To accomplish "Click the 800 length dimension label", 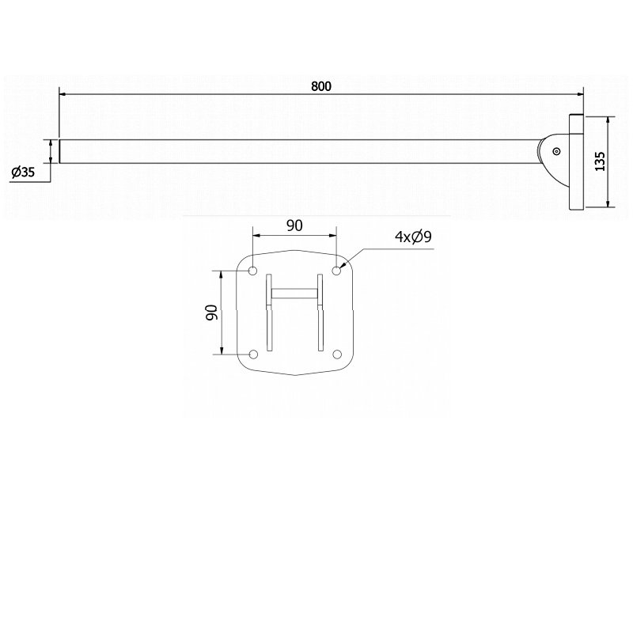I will point(320,85).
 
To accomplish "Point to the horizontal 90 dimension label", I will point(294,226).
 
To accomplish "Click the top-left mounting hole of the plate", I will point(253,271).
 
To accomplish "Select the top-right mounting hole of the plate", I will point(336,271).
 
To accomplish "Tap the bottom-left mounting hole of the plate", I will point(253,354).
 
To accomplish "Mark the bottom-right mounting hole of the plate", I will point(336,354).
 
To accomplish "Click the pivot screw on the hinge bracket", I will point(557,152).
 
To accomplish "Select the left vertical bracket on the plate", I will point(269,313).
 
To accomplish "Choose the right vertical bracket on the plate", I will point(320,313).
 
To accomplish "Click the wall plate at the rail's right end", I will point(575,162).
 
